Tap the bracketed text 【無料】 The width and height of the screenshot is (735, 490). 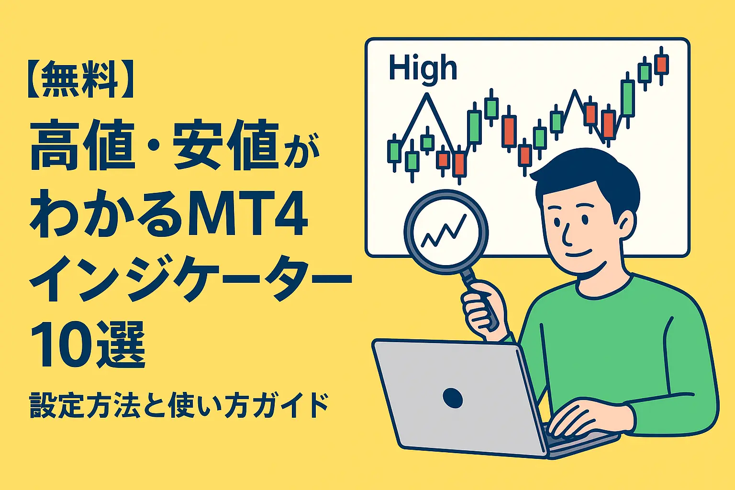pyautogui.click(x=81, y=79)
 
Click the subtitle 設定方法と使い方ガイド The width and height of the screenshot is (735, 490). pyautogui.click(x=179, y=406)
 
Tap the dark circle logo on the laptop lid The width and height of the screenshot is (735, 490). pyautogui.click(x=453, y=398)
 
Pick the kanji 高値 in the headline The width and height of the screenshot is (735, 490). pyautogui.click(x=82, y=146)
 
